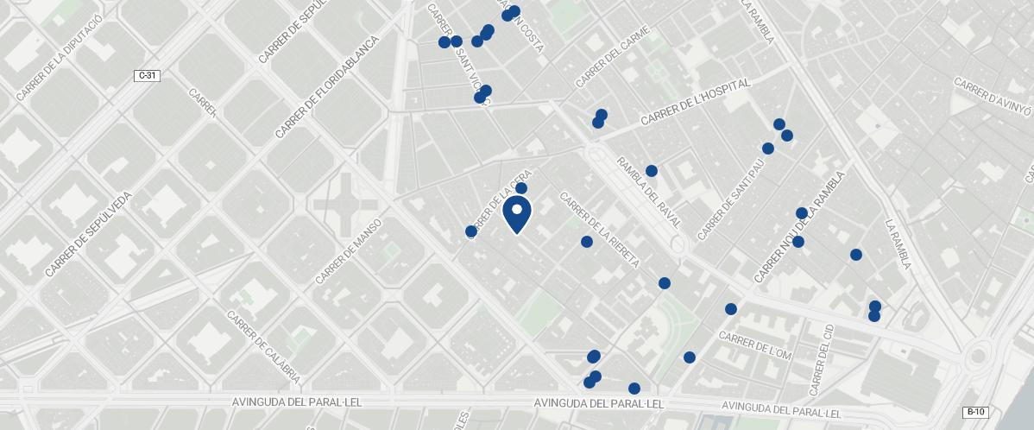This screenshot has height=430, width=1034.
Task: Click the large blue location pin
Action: tap(517, 213)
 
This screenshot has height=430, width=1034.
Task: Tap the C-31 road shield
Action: tap(147, 76)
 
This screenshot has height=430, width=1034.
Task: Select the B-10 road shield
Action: tap(974, 412)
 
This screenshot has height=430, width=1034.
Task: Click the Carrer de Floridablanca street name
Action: tap(327, 87)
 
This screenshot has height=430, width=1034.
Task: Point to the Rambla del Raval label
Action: tap(650, 192)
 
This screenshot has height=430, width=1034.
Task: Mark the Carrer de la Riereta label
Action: tap(599, 229)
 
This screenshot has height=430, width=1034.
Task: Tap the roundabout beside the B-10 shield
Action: tap(980, 355)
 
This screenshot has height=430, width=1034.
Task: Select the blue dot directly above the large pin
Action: tap(521, 188)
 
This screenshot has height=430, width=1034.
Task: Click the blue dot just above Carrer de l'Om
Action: tap(731, 309)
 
